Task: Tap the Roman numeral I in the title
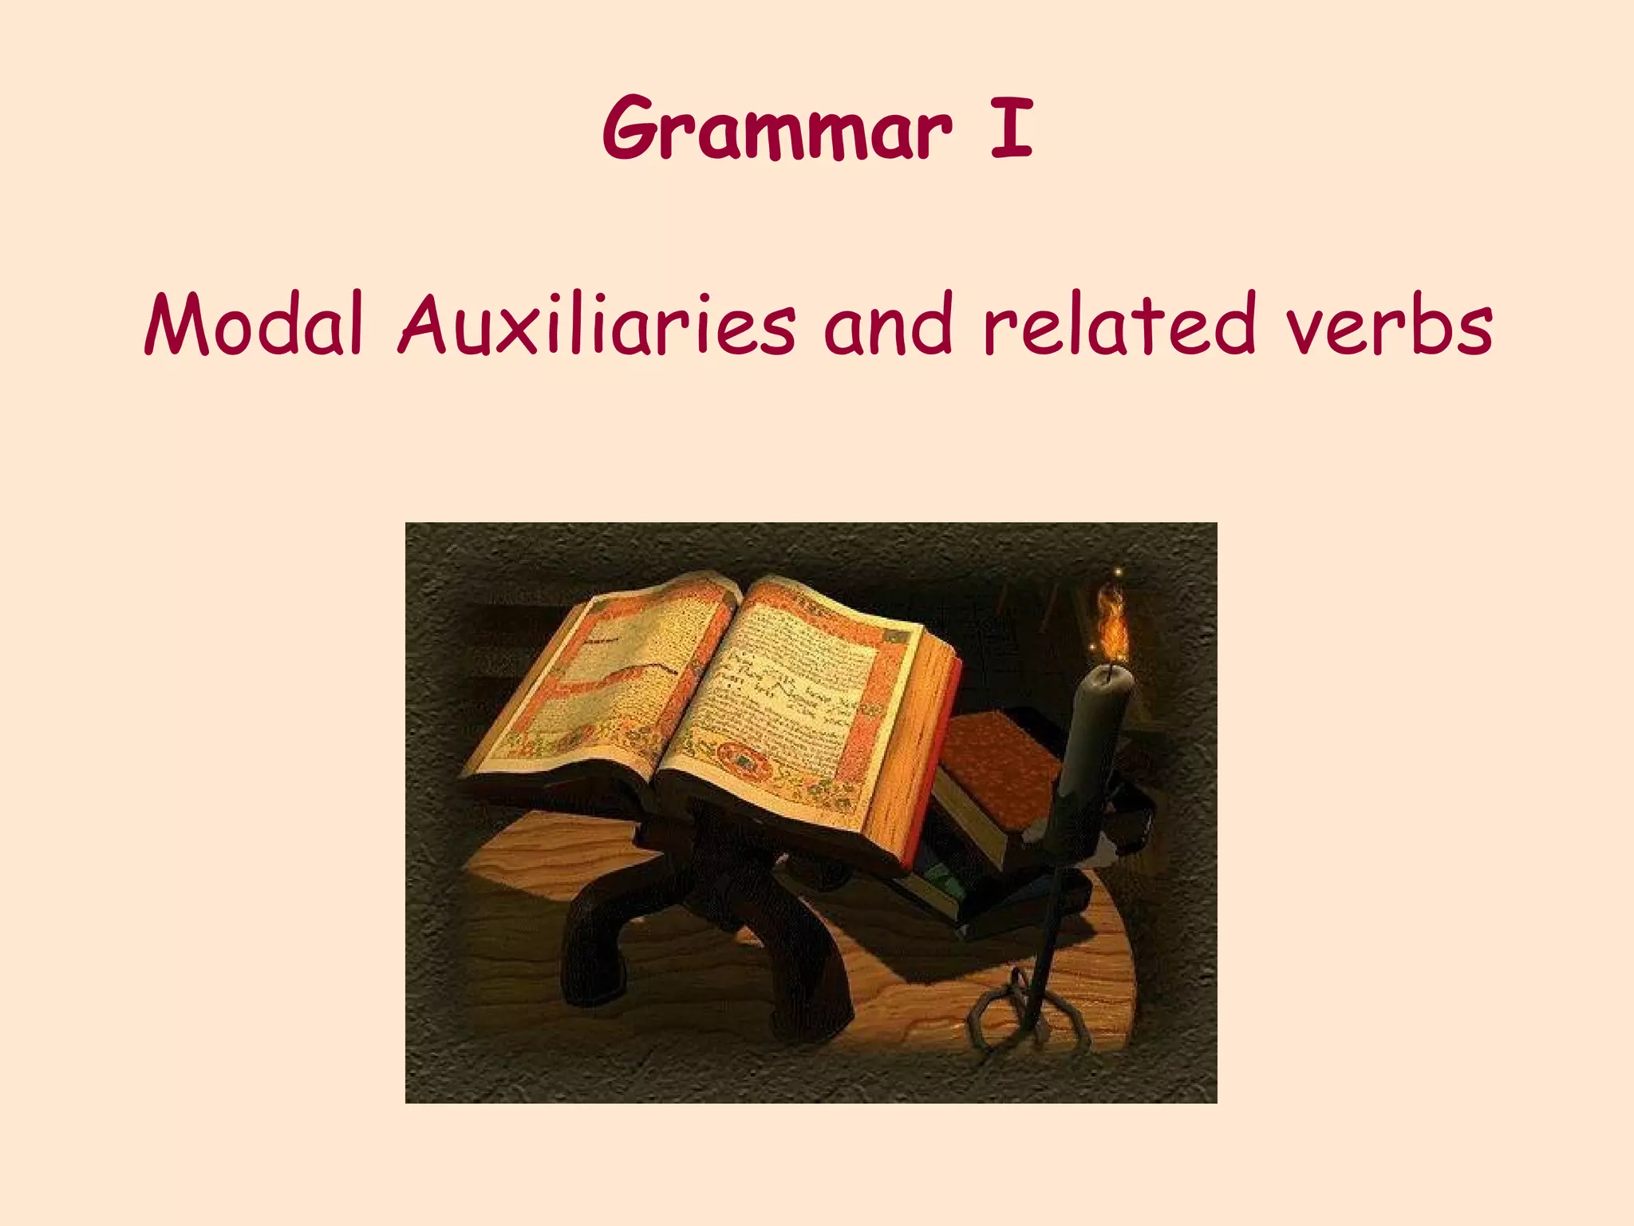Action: (x=1011, y=128)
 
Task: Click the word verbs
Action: (x=1388, y=326)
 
